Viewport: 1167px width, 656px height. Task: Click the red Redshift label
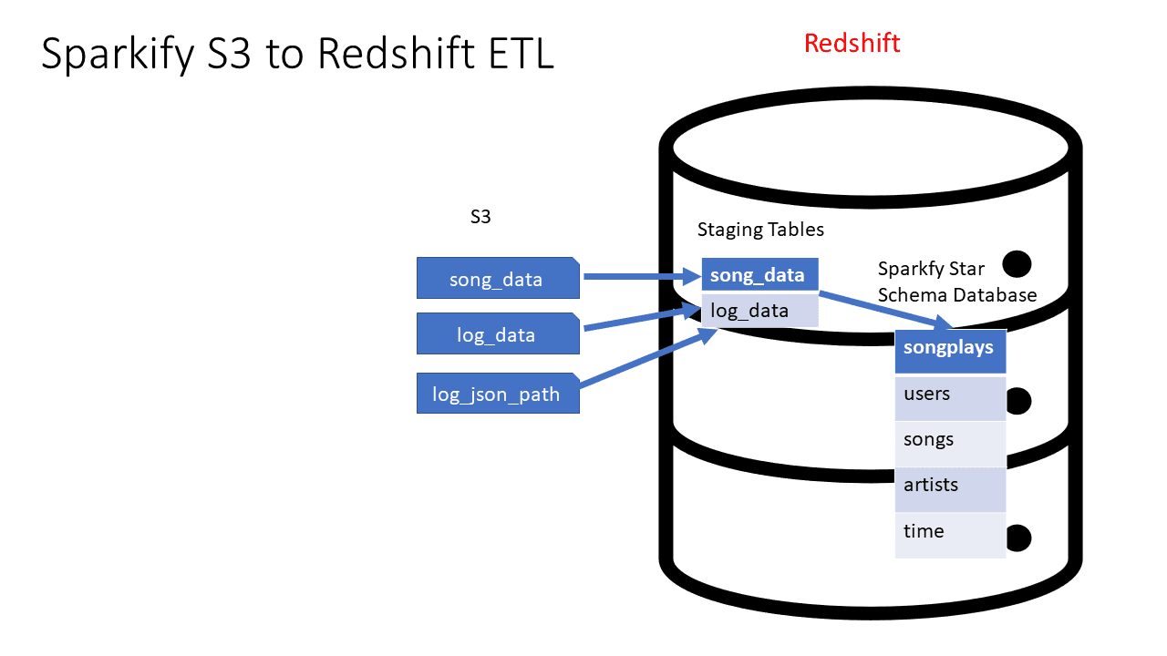[852, 43]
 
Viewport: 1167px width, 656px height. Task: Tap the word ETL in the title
[521, 53]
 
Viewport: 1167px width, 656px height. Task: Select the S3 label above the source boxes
[480, 216]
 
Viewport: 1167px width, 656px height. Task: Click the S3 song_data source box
[498, 278]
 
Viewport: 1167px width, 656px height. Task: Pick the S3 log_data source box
[498, 333]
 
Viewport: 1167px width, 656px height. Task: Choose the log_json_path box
[498, 393]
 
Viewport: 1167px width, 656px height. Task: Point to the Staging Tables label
[760, 230]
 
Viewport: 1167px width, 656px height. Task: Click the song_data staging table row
[760, 274]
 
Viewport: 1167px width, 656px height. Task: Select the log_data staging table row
[760, 311]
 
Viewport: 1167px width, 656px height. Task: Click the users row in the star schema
[950, 398]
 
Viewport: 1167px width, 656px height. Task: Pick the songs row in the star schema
[950, 444]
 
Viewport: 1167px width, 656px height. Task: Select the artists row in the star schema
[950, 489]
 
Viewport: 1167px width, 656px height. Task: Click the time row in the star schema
[950, 535]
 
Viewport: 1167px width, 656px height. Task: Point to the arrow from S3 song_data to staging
[643, 276]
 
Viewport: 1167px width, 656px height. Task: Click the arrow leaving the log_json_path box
[648, 358]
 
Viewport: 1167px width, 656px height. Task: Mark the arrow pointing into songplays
[886, 311]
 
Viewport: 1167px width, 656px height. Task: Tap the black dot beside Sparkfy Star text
[1017, 264]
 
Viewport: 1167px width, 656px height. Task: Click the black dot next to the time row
[1019, 538]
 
